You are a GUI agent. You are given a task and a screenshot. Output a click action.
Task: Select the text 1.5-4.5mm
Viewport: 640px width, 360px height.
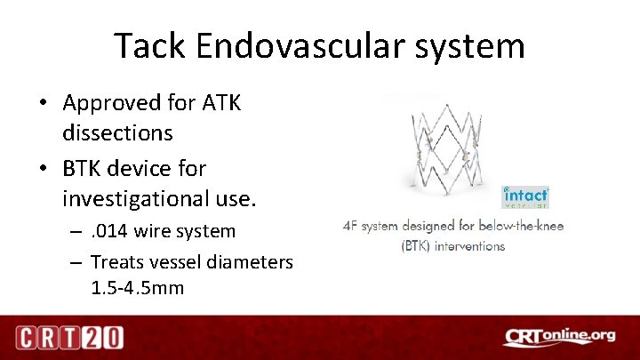tap(138, 287)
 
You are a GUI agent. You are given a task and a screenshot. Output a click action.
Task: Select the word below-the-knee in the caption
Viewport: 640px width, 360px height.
tap(519, 227)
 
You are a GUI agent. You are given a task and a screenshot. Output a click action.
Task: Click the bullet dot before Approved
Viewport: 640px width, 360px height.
tap(43, 104)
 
